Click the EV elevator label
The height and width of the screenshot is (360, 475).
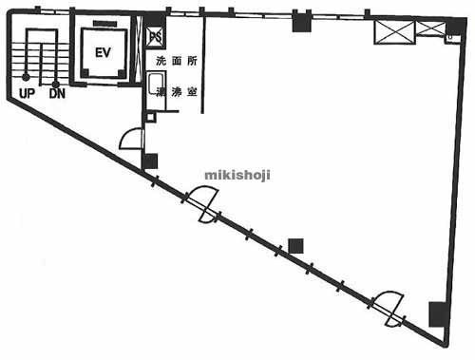point(103,53)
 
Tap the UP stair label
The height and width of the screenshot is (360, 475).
point(27,93)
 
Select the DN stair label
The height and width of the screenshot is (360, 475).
point(57,93)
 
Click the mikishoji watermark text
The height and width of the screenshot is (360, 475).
point(237,174)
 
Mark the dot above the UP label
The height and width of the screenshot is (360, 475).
point(27,77)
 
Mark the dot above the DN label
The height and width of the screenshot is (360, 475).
point(57,77)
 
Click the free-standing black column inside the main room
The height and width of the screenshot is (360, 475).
point(295,245)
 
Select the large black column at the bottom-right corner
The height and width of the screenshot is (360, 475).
point(437,313)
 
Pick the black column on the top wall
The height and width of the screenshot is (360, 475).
point(302,23)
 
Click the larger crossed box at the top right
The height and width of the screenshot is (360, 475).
point(391,31)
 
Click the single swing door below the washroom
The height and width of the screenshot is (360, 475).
point(130,141)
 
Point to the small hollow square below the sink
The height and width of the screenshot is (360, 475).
point(150,117)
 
